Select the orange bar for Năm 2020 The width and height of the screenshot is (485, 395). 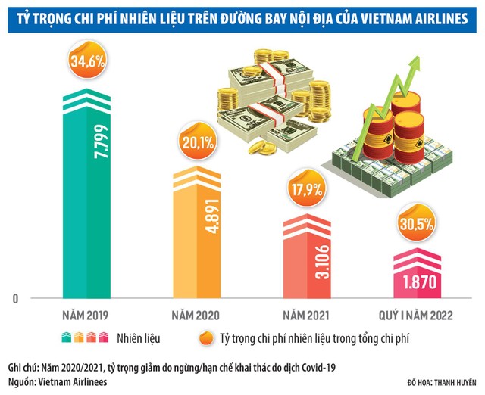(x=200, y=242)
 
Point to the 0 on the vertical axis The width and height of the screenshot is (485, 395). (x=14, y=300)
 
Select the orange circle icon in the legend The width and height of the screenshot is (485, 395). (x=202, y=337)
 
